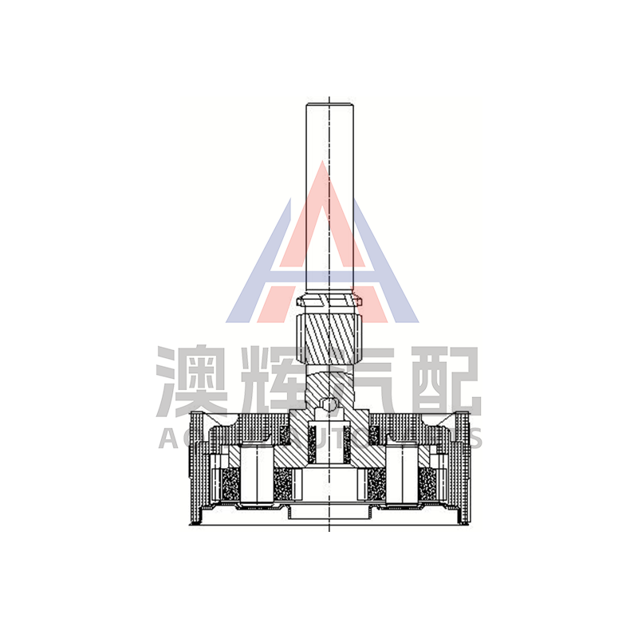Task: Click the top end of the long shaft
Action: (x=329, y=103)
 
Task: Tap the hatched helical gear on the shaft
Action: (x=329, y=338)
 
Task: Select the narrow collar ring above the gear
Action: (x=329, y=302)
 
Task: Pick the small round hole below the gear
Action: (x=329, y=405)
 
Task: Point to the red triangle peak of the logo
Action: (x=321, y=171)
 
